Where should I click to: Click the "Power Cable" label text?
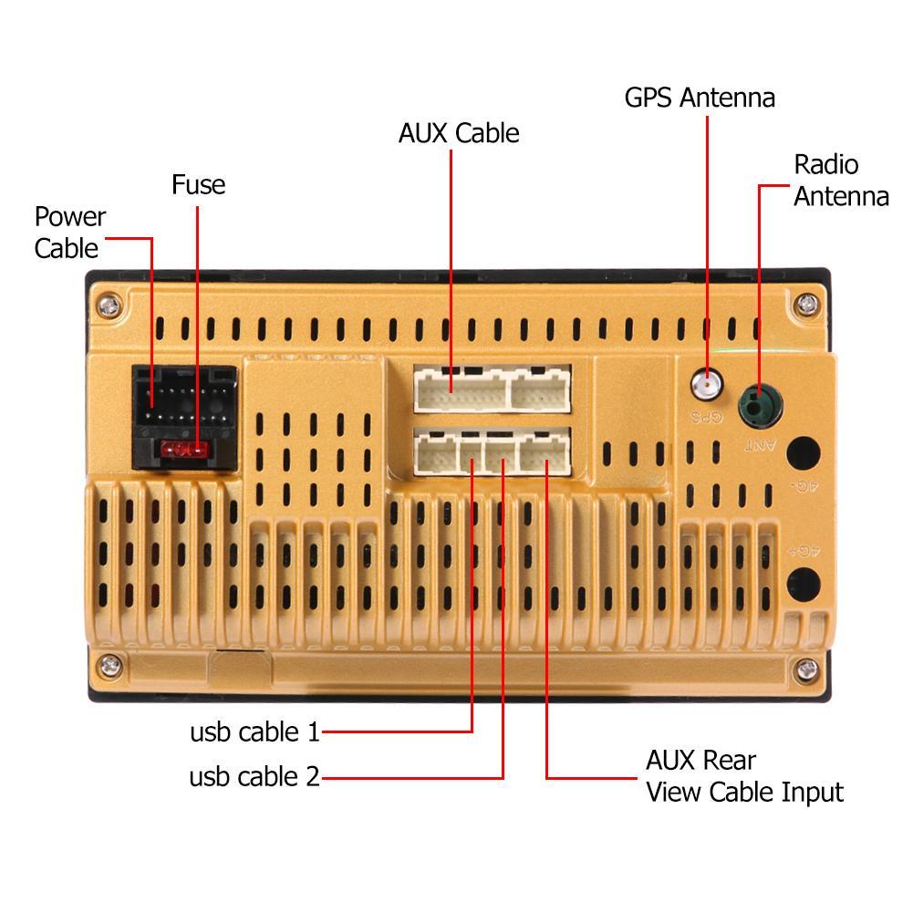(69, 232)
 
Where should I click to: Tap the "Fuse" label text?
(198, 185)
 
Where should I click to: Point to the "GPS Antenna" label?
(700, 98)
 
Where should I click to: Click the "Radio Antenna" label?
(840, 180)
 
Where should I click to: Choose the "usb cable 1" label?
(254, 732)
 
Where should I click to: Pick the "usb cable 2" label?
(254, 777)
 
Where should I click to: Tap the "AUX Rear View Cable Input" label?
(743, 775)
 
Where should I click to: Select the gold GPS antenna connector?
(704, 385)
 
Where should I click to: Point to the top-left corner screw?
(109, 304)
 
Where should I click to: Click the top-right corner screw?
(804, 304)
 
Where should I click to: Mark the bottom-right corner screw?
(804, 670)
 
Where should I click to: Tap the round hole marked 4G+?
(803, 582)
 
